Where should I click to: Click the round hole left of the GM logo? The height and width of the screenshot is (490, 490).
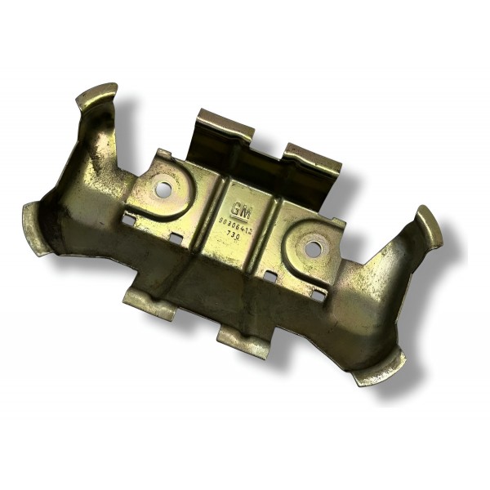(x=164, y=189)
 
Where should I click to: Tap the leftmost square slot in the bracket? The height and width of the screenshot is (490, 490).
(x=128, y=219)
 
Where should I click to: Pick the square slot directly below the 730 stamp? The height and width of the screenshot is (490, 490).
(x=269, y=276)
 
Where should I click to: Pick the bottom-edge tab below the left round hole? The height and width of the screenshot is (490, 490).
(x=149, y=303)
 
